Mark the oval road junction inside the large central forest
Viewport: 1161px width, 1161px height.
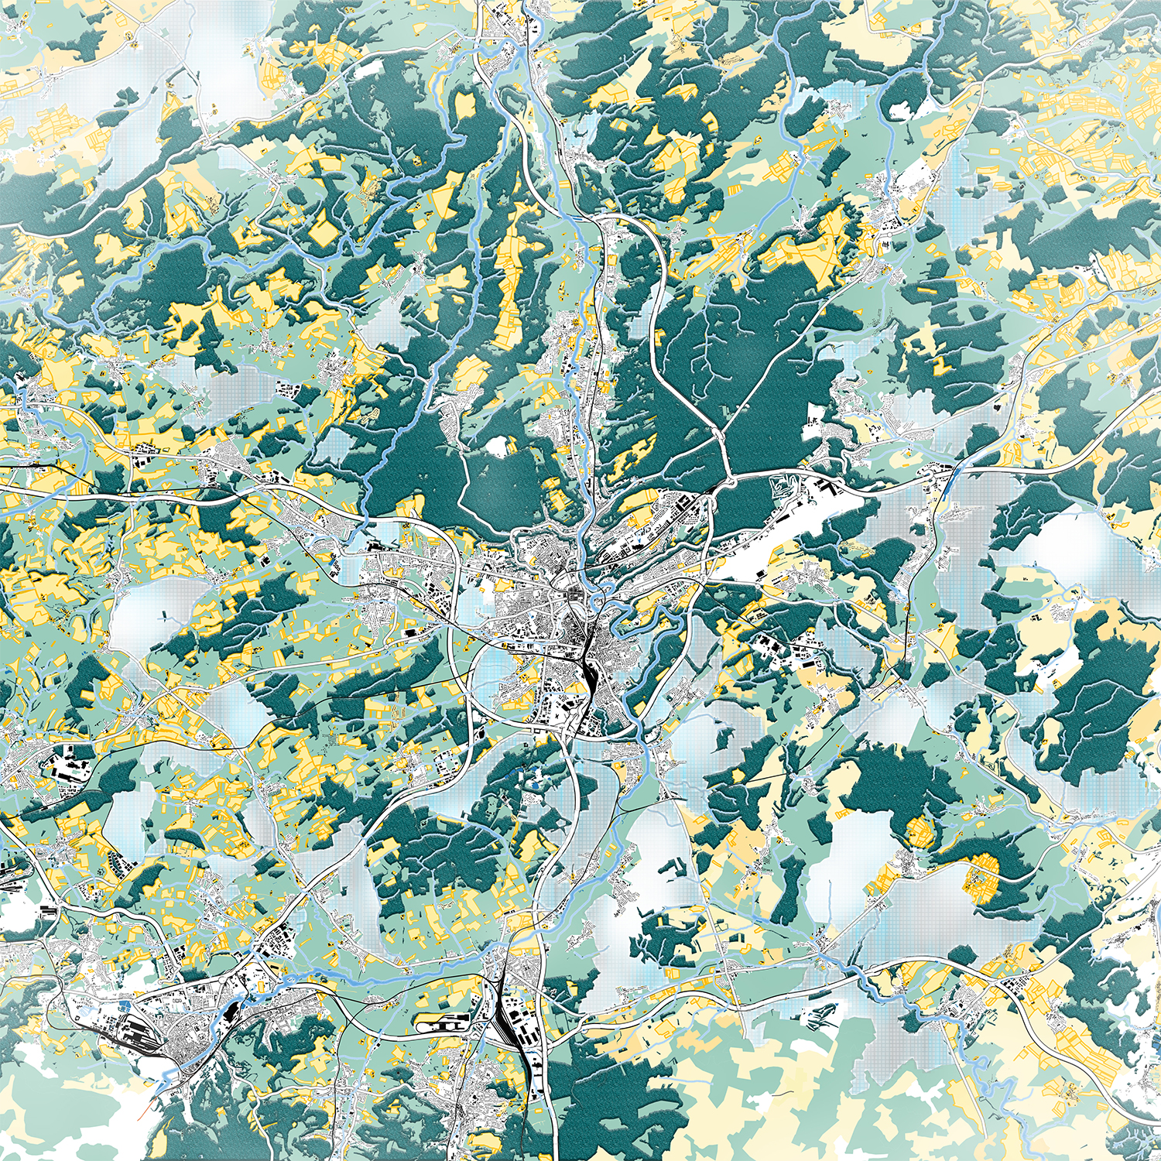point(726,449)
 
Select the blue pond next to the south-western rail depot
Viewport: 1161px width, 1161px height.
point(125,1005)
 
